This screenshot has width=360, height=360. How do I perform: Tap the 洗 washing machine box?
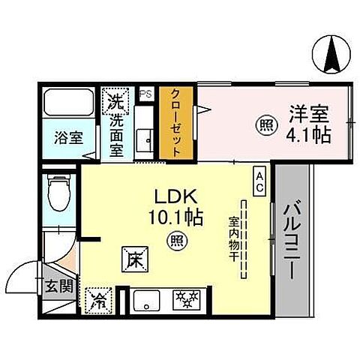(115, 99)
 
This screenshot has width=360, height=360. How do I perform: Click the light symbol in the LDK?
(175, 241)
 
